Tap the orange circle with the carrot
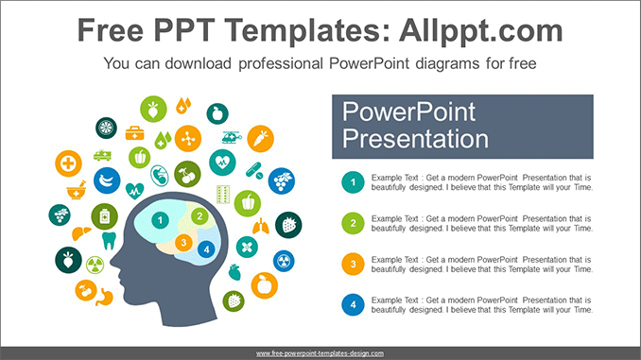(x=260, y=139)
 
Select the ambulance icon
(x=102, y=155)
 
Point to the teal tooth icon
(x=107, y=241)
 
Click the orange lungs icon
(x=261, y=226)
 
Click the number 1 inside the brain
(x=161, y=221)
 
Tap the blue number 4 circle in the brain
(x=206, y=249)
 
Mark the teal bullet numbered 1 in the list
(x=352, y=182)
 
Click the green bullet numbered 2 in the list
(x=352, y=223)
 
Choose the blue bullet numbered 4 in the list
(x=352, y=304)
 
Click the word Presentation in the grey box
(x=415, y=140)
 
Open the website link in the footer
(x=320, y=353)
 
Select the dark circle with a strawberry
(x=288, y=225)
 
